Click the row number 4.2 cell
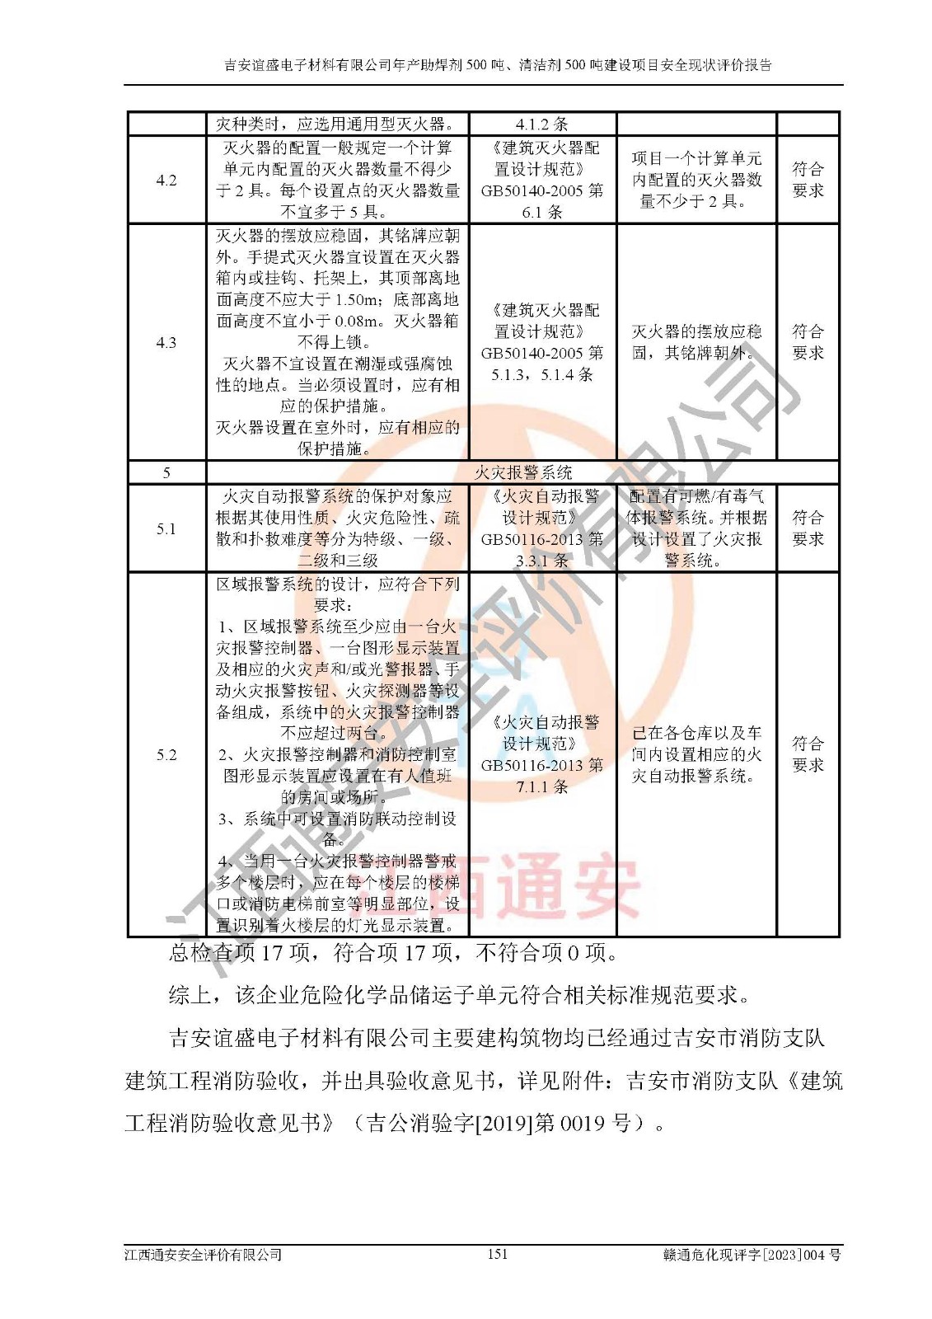[x=166, y=180]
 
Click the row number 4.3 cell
[x=166, y=342]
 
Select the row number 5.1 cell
[x=166, y=528]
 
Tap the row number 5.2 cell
[x=166, y=754]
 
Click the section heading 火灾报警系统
[x=522, y=472]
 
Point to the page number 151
[x=498, y=1254]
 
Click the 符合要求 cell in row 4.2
[x=808, y=180]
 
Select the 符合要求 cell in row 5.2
[x=808, y=754]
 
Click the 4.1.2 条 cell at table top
[x=542, y=124]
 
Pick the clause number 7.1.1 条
[x=542, y=786]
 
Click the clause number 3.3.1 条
[x=542, y=561]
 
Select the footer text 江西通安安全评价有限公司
[x=204, y=1255]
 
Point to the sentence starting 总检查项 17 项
[x=394, y=954]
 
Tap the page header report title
[x=498, y=65]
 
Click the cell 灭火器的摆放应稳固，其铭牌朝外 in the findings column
[x=696, y=342]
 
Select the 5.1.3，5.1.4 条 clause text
[x=542, y=374]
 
